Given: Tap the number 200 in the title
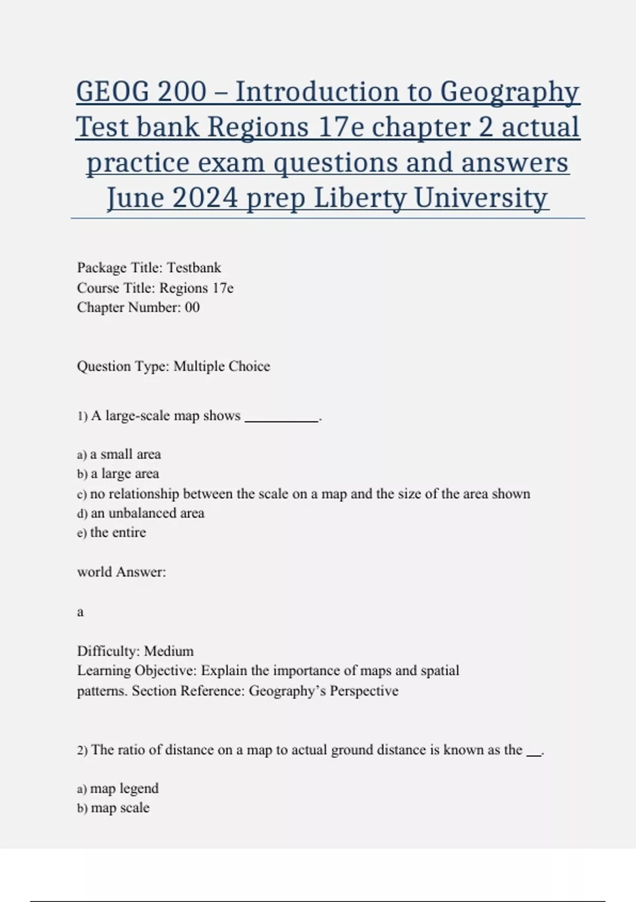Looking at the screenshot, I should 182,92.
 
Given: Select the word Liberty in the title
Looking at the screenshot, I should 361,198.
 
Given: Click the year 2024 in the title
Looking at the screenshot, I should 205,198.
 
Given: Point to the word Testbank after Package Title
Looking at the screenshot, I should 194,267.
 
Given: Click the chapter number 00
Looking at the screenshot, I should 192,307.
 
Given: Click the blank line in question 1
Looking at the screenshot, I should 281,419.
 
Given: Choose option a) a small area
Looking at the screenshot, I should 119,454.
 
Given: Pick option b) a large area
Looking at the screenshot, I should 118,474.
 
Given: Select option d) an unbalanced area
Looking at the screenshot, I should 141,513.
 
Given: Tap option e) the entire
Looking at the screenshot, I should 112,532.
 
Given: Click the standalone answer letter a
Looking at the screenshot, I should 81,612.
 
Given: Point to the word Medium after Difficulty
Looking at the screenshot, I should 169,651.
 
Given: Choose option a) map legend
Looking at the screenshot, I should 118,788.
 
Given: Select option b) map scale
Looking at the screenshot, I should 113,808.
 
